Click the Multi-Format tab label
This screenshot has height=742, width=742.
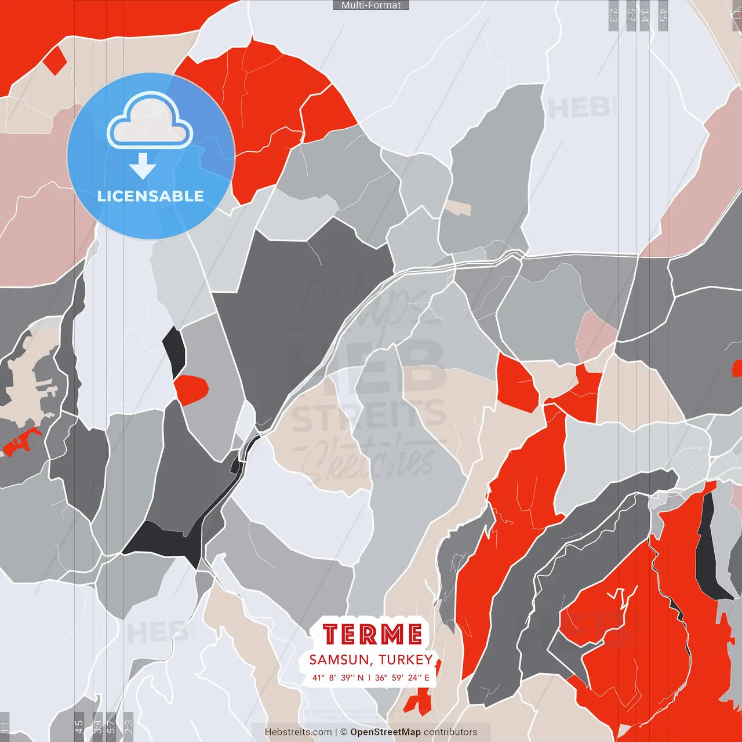371,5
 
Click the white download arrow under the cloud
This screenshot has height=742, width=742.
143,166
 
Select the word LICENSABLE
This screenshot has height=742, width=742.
151,196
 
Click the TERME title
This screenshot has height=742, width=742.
372,634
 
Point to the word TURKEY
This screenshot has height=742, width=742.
406,660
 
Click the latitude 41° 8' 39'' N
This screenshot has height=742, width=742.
338,678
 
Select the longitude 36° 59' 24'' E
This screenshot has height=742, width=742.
402,678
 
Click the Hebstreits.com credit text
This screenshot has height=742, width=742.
298,732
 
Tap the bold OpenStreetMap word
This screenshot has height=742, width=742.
385,732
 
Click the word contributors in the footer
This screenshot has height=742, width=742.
450,732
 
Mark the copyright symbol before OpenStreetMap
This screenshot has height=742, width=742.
344,732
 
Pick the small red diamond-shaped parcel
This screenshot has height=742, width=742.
54,60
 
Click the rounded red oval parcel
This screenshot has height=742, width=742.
191,390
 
